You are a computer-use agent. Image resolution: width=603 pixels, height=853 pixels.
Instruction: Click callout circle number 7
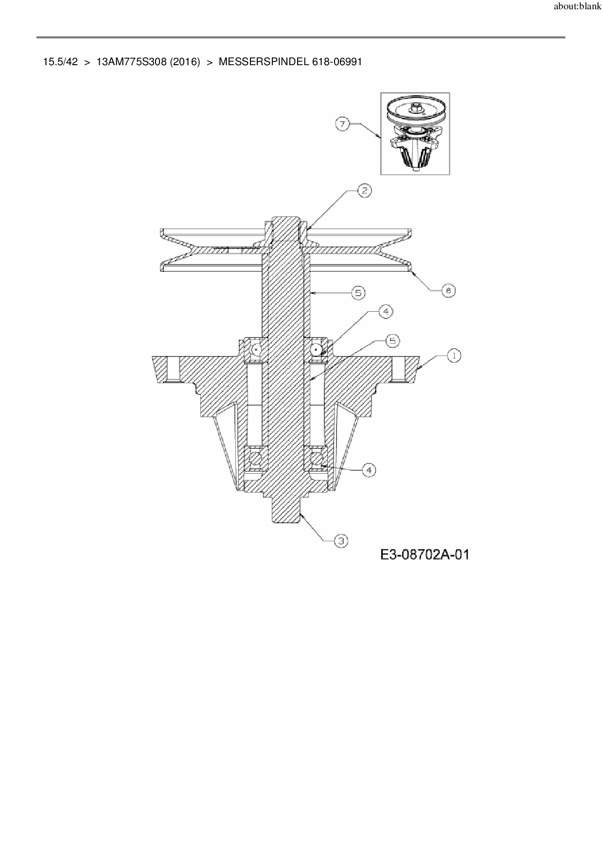click(343, 124)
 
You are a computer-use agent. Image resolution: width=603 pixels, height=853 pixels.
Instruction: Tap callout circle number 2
click(365, 191)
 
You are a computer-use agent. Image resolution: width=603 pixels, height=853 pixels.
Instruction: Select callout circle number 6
click(448, 291)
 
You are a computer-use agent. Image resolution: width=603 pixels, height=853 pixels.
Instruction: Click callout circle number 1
click(454, 356)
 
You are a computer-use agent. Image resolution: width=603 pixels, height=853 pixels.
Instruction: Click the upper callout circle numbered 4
click(386, 311)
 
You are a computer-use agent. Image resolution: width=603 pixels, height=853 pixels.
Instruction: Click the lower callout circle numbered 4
click(369, 470)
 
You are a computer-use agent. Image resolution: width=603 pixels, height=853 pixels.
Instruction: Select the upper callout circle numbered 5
click(358, 293)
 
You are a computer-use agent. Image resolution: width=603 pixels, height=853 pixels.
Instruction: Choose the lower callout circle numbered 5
click(392, 341)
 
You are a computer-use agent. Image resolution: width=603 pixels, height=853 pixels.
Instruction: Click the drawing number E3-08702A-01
click(425, 554)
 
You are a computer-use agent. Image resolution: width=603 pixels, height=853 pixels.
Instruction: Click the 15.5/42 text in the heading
click(60, 62)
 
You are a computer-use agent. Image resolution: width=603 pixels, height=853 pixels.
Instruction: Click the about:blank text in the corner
click(577, 7)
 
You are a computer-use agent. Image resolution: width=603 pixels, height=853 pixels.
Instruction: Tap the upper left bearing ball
click(256, 349)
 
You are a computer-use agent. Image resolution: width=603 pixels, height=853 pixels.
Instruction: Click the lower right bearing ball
click(317, 459)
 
